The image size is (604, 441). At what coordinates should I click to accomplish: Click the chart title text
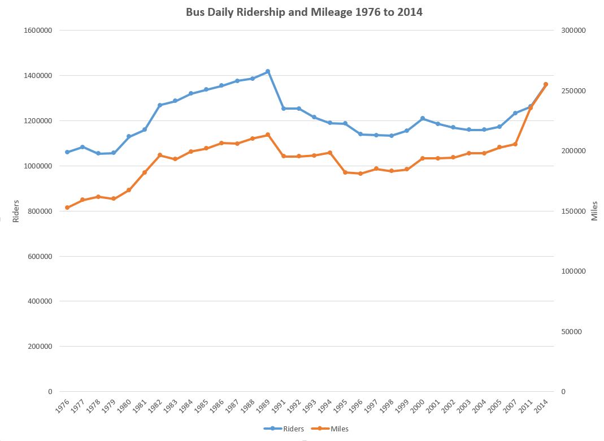(304, 12)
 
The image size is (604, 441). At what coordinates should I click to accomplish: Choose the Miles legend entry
(334, 429)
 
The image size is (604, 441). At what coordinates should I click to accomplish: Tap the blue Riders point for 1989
(268, 72)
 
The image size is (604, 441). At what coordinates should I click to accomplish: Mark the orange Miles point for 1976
(67, 207)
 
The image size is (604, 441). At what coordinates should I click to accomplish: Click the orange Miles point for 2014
(545, 84)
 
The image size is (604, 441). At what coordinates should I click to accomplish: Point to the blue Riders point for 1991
(284, 109)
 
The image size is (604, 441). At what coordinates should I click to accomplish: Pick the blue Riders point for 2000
(423, 118)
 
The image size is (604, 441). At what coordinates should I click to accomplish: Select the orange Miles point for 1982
(160, 155)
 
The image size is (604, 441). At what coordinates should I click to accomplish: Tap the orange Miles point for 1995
(345, 172)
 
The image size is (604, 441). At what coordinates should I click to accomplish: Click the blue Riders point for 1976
(67, 152)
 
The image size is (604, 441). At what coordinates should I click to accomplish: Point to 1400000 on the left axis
(38, 76)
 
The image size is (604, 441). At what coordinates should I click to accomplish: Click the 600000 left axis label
(40, 256)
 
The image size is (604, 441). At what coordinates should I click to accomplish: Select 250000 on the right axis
(572, 91)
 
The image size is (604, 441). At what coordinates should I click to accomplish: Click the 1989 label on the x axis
(264, 407)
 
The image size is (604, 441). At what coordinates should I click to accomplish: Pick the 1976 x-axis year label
(63, 407)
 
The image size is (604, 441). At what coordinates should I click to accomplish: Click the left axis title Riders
(16, 211)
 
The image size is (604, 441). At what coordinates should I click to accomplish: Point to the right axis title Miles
(594, 211)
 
